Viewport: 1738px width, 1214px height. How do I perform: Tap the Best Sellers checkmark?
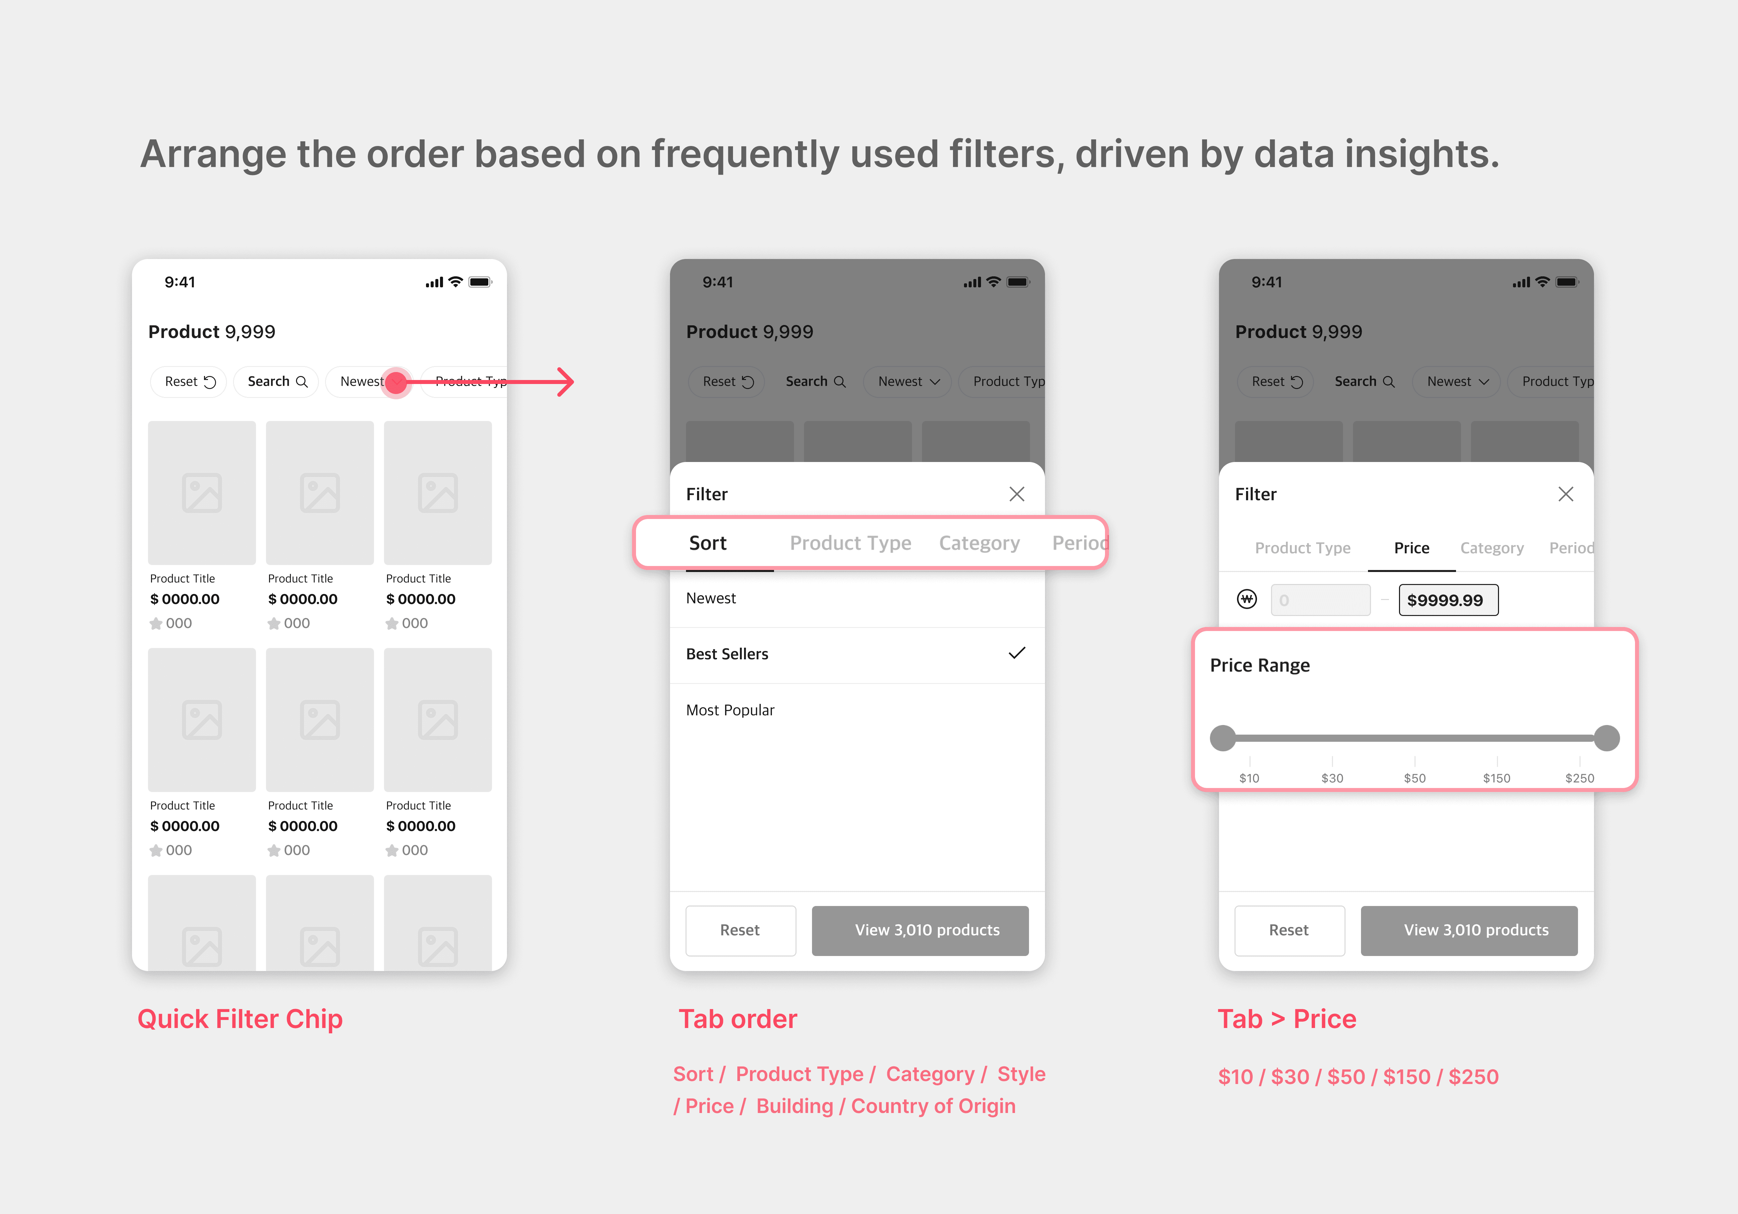pyautogui.click(x=1017, y=653)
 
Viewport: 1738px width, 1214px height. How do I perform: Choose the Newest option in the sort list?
pyautogui.click(x=711, y=598)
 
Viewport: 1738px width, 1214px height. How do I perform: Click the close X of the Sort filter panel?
pyautogui.click(x=1017, y=494)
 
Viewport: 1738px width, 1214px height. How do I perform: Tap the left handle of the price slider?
pyautogui.click(x=1223, y=738)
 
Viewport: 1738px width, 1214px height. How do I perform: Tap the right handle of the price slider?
pyautogui.click(x=1606, y=738)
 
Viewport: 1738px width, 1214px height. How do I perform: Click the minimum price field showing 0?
pyautogui.click(x=1320, y=600)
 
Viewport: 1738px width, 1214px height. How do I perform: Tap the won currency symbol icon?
pyautogui.click(x=1247, y=599)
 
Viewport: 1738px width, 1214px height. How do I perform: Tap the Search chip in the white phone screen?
pyautogui.click(x=276, y=381)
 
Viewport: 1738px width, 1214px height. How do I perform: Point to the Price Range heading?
pyautogui.click(x=1260, y=665)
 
